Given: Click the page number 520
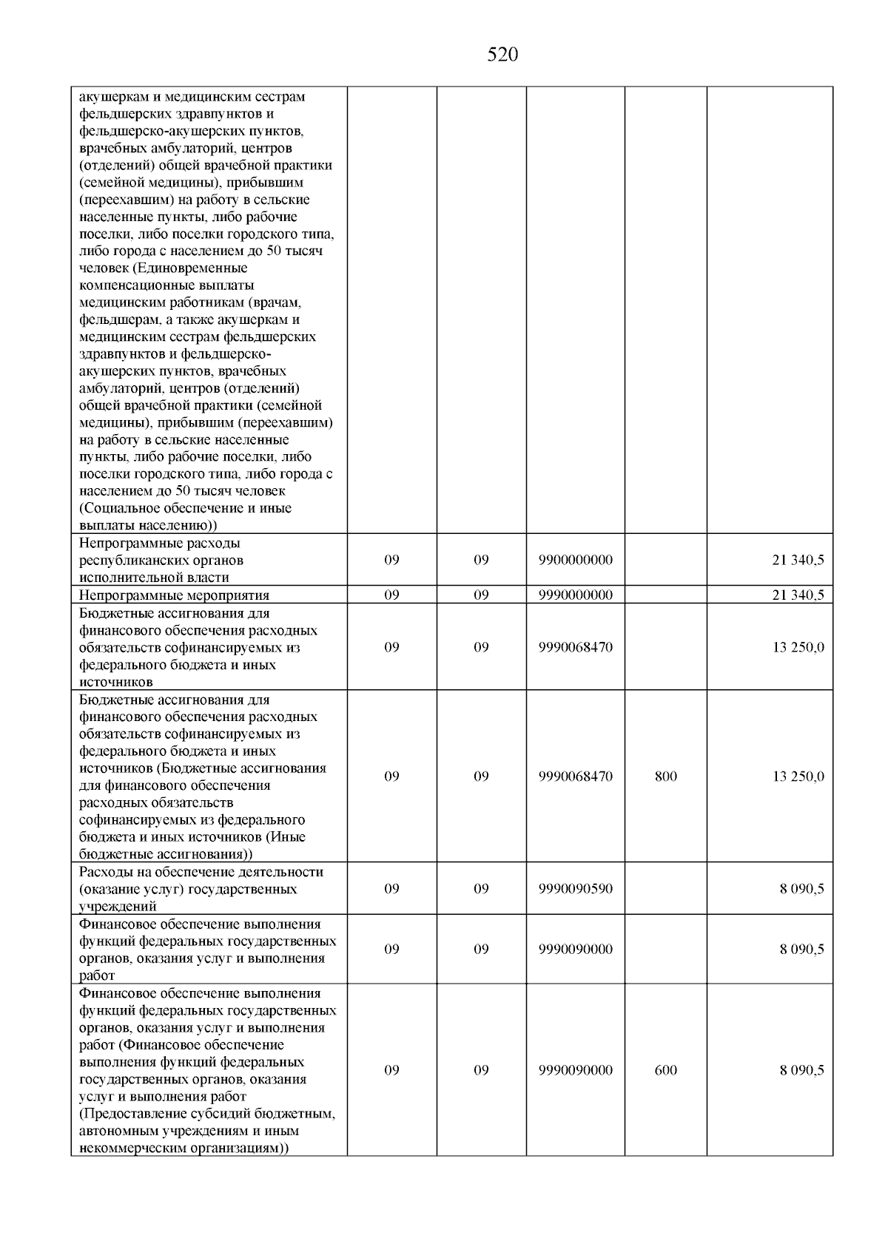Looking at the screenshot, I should (x=502, y=55).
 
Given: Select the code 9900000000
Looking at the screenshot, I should (x=576, y=561).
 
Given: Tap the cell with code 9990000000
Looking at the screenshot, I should (x=576, y=595).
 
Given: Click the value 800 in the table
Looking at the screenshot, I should (x=666, y=777).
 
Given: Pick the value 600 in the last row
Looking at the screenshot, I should (x=666, y=1070).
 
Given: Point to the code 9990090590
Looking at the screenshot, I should (x=576, y=888).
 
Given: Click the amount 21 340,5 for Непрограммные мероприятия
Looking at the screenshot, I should (x=798, y=595).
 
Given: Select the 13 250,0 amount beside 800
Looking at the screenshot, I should (x=798, y=777).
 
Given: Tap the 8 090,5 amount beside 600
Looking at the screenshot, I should (x=801, y=1070).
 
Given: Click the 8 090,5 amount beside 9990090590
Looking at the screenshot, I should (x=801, y=888).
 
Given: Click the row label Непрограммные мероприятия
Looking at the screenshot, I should (x=174, y=595).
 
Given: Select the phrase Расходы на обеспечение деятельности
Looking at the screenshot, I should (x=201, y=872).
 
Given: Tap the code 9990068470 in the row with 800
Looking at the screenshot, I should (x=576, y=777).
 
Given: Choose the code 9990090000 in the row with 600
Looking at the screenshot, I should (x=576, y=1070).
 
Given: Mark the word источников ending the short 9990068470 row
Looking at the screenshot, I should (x=115, y=682).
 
